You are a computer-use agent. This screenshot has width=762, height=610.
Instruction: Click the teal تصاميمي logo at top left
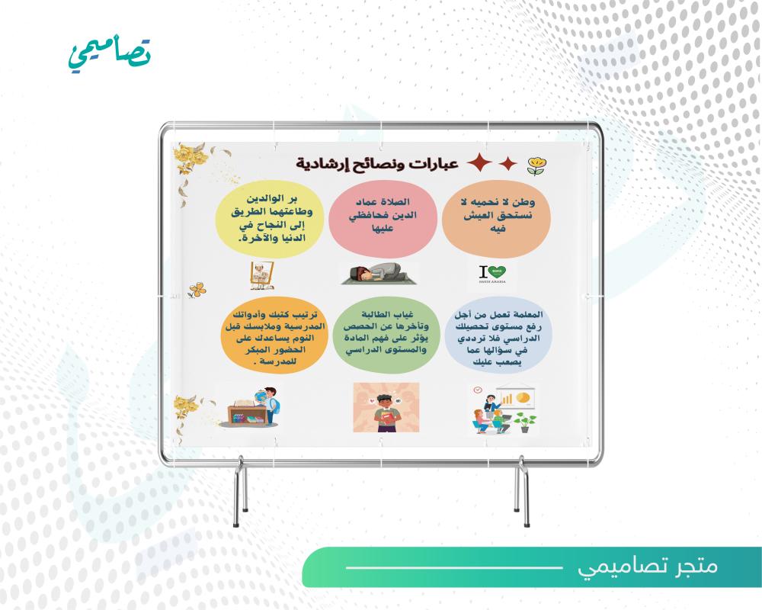[110, 54]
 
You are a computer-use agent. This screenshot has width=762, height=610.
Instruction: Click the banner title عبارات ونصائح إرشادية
[377, 164]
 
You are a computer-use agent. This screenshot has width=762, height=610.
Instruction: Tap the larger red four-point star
[479, 162]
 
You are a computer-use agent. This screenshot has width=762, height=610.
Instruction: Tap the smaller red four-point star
[507, 163]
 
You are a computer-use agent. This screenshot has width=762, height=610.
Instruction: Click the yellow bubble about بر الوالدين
[269, 219]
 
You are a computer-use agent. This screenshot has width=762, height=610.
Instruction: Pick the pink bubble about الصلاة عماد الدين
[383, 219]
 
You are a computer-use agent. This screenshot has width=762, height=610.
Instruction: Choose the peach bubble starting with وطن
[496, 219]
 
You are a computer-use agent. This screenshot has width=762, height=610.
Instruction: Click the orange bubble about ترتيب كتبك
[273, 335]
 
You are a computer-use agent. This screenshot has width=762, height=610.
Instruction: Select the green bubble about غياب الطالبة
[386, 335]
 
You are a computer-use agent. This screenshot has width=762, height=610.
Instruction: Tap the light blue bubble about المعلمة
[498, 336]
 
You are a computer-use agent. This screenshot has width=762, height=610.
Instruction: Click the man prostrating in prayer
[379, 274]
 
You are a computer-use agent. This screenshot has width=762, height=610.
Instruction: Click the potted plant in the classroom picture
[525, 422]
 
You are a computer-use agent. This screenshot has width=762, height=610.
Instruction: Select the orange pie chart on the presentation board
[523, 397]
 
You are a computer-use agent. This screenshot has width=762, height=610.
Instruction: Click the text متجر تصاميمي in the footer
[647, 567]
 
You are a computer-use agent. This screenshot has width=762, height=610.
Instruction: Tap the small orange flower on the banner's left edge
[197, 291]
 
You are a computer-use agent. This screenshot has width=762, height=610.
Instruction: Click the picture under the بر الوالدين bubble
[262, 276]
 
